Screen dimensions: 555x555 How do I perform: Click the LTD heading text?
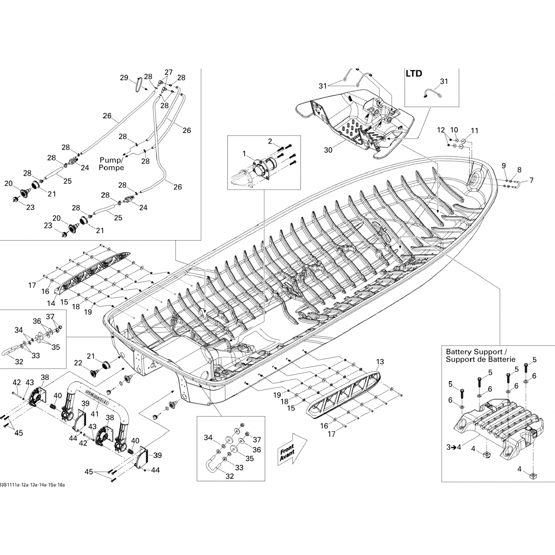[414, 74]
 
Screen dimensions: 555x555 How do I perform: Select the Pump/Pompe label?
[111, 164]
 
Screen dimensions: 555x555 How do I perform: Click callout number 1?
[244, 153]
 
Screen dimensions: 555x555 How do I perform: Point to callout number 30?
[328, 150]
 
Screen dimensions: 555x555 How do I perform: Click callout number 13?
[380, 361]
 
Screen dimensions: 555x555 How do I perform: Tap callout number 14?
[51, 303]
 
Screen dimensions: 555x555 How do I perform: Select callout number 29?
[124, 78]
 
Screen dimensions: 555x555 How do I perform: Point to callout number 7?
[532, 181]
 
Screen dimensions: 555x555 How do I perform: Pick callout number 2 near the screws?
[270, 141]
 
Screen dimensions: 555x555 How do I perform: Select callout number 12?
[441, 130]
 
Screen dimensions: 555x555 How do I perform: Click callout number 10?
[454, 130]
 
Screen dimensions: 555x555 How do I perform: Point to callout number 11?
[474, 131]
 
